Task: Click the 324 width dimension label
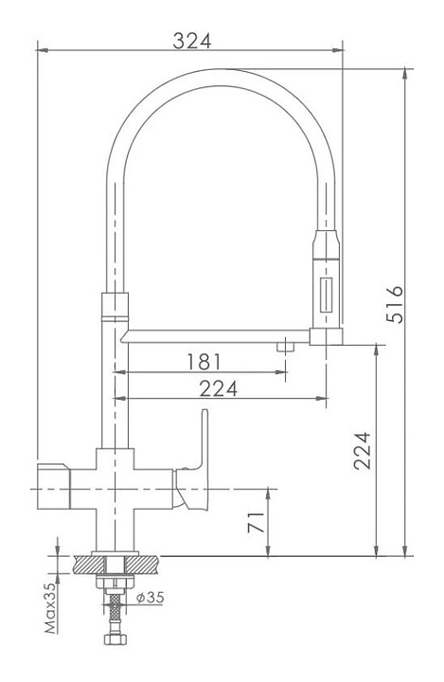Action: coord(192,41)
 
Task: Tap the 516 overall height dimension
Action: coord(395,304)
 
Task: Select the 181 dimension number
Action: coord(204,362)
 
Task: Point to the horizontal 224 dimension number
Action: coord(219,389)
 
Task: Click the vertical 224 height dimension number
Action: coord(362,451)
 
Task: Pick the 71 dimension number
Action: coord(257,522)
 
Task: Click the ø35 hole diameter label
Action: coord(150,597)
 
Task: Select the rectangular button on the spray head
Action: coord(326,296)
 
